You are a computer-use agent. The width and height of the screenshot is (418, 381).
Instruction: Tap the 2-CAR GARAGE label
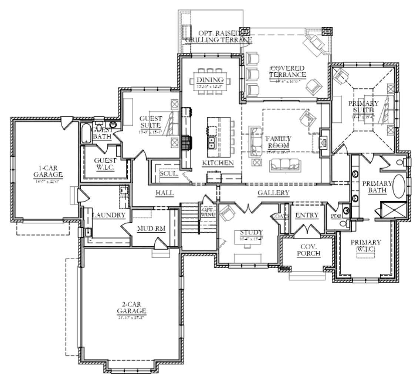131,308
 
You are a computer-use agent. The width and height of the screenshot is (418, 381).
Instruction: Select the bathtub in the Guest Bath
86,134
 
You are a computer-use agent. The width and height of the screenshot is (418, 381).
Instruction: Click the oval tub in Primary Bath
399,187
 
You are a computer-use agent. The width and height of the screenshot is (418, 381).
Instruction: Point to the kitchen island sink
211,142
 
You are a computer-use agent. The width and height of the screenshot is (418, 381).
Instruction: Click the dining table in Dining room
210,80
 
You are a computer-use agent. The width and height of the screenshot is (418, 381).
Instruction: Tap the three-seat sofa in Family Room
284,164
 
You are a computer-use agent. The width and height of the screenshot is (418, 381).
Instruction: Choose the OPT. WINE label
208,213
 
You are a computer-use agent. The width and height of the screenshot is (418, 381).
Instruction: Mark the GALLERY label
273,193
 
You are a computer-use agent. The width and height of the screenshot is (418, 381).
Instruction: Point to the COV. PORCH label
310,250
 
